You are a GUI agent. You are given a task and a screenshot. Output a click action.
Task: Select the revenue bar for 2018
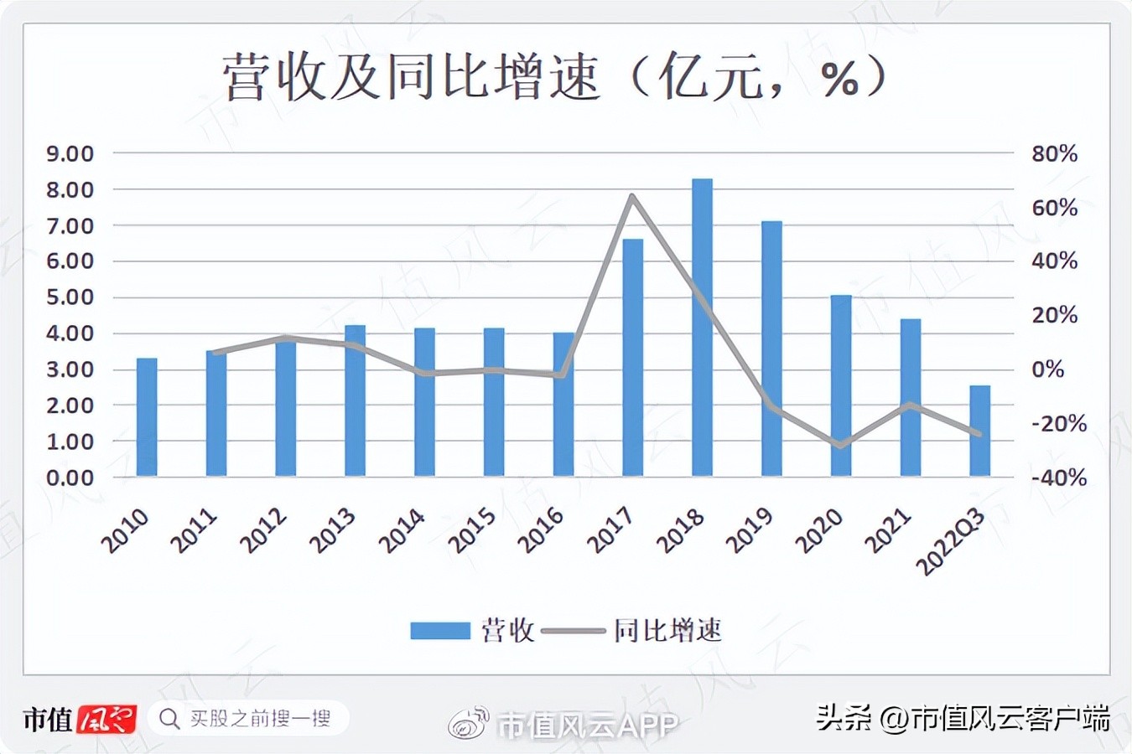click(x=702, y=328)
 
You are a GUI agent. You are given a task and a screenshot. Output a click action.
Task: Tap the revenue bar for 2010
click(x=147, y=417)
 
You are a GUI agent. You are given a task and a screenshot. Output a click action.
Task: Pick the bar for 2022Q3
click(x=979, y=431)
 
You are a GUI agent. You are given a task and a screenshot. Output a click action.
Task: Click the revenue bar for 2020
click(x=841, y=385)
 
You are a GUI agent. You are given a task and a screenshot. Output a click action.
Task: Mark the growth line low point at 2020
click(x=841, y=446)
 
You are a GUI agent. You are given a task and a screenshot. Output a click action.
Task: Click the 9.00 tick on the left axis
click(x=70, y=154)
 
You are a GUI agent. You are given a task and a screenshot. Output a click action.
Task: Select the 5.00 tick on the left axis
click(x=70, y=297)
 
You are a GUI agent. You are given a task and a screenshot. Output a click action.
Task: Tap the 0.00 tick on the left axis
click(x=70, y=478)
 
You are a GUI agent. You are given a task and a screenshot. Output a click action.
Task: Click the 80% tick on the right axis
click(x=1054, y=154)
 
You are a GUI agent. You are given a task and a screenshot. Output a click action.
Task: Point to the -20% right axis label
click(x=1058, y=424)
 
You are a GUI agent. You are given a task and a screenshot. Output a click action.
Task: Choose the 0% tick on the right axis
click(x=1047, y=369)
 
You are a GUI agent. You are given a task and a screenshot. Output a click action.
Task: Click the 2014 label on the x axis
click(x=402, y=532)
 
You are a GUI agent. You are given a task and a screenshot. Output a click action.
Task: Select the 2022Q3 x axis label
click(x=951, y=542)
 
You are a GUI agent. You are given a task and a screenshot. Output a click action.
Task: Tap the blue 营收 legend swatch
click(x=439, y=631)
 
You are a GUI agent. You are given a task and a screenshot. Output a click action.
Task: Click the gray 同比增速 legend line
click(x=574, y=631)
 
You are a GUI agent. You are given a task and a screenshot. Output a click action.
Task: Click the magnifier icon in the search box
click(x=169, y=719)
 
